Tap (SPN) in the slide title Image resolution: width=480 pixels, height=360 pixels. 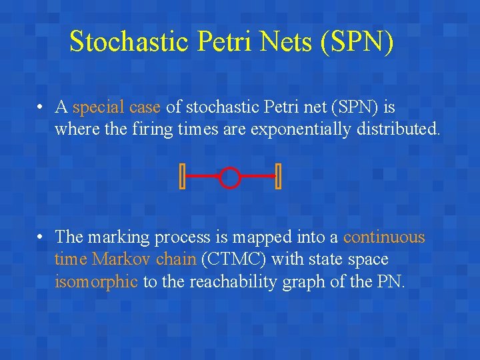[357, 41]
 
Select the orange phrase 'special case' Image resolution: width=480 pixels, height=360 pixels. [116, 107]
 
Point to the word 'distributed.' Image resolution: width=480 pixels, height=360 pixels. [402, 129]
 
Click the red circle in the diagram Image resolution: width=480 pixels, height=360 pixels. [229, 177]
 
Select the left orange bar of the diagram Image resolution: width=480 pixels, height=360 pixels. [182, 177]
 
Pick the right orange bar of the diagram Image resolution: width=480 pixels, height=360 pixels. [278, 177]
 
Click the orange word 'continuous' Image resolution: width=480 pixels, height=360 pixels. [384, 237]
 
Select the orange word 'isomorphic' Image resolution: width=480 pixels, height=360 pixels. [96, 281]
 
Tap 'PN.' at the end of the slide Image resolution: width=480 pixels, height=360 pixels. [391, 281]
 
